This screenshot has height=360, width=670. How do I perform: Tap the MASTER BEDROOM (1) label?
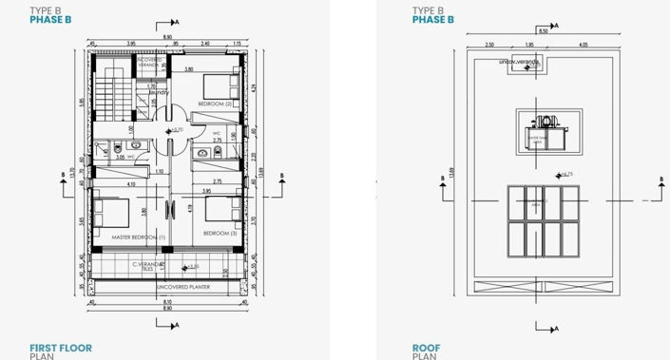click(138, 237)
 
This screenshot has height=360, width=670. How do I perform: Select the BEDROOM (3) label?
click(219, 233)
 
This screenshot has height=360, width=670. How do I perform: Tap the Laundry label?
click(158, 92)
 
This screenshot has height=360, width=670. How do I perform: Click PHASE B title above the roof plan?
click(432, 19)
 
